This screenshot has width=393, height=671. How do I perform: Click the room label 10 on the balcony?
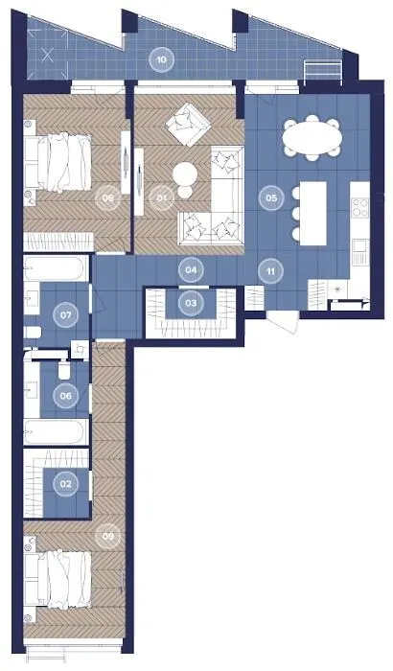(161, 59)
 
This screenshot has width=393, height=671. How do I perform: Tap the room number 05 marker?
(271, 197)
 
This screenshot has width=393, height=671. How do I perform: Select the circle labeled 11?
(270, 271)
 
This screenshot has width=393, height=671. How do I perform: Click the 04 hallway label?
(191, 270)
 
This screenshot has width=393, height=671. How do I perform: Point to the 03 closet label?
(191, 303)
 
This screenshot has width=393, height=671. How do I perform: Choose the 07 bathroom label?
(65, 315)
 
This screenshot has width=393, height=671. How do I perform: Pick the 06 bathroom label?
(65, 396)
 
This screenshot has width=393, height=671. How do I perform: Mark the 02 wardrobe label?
(65, 484)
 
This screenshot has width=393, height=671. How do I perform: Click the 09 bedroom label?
(108, 536)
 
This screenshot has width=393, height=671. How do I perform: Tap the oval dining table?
(312, 138)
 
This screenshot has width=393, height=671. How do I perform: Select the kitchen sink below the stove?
(360, 252)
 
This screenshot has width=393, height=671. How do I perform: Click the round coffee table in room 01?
(185, 174)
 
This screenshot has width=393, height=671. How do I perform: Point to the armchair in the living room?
(188, 124)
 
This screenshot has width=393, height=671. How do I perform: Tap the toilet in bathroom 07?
(32, 332)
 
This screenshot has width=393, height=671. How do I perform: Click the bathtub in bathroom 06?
(57, 432)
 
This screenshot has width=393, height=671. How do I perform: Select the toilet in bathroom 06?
(64, 372)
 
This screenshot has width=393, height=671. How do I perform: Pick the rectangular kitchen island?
(313, 214)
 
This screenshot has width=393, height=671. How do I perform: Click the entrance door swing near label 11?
(283, 320)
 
